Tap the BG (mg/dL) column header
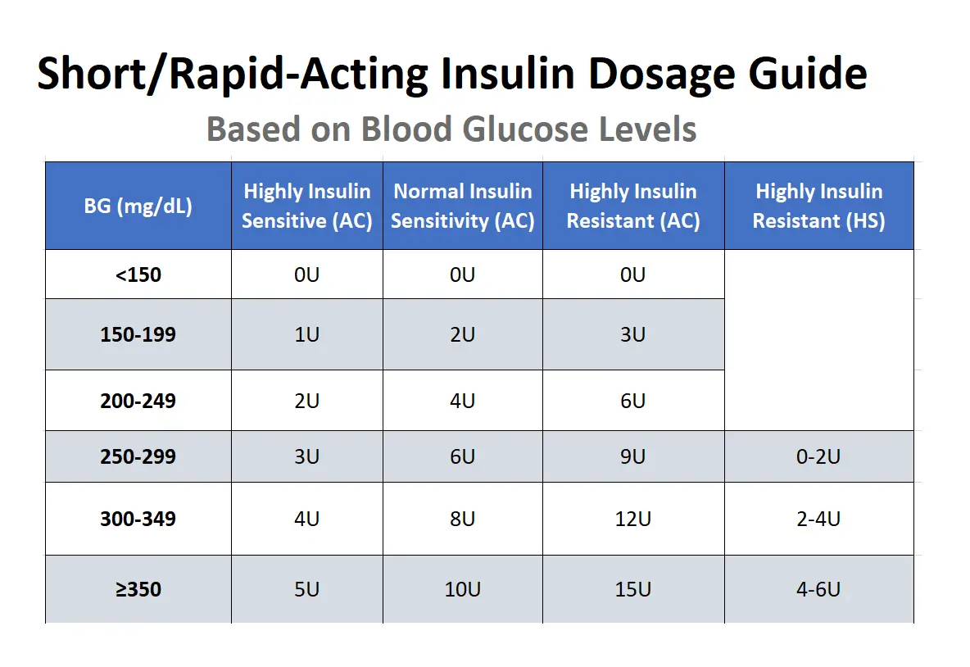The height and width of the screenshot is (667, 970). pyautogui.click(x=138, y=206)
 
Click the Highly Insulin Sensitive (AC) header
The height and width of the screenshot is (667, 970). pyautogui.click(x=306, y=206)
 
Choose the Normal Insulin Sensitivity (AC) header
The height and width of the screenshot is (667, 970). pyautogui.click(x=462, y=206)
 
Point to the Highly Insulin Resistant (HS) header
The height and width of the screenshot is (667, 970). pyautogui.click(x=818, y=206)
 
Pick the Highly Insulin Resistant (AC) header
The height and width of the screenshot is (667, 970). pyautogui.click(x=632, y=206)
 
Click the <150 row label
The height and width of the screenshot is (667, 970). pyautogui.click(x=138, y=275)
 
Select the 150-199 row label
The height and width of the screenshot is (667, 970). pyautogui.click(x=138, y=334)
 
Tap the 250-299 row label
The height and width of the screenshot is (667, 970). pyautogui.click(x=138, y=456)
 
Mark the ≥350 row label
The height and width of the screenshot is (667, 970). pyautogui.click(x=138, y=589)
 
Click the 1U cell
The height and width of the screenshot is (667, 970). pyautogui.click(x=306, y=334)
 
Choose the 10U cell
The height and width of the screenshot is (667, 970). pyautogui.click(x=462, y=589)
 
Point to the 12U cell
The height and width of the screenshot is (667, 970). pyautogui.click(x=632, y=519)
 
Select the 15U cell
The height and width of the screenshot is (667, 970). pyautogui.click(x=632, y=589)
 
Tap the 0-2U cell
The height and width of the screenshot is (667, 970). pyautogui.click(x=818, y=456)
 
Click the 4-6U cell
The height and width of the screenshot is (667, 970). pyautogui.click(x=818, y=589)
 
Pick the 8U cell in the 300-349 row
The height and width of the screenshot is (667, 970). pyautogui.click(x=462, y=519)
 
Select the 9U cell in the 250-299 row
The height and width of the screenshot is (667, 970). pyautogui.click(x=632, y=456)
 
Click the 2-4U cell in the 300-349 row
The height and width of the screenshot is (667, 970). pyautogui.click(x=818, y=519)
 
